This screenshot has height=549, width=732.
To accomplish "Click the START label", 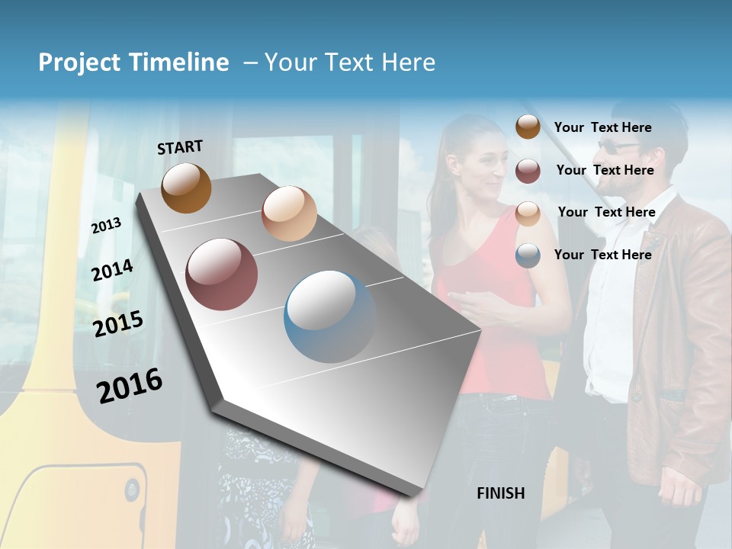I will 180,147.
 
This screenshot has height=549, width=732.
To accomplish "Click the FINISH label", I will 500,493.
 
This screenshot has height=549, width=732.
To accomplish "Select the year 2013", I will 106,226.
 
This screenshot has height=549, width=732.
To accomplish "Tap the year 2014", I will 112,271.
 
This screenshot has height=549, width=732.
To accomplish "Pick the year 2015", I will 118,324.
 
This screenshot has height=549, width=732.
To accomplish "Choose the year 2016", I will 130,385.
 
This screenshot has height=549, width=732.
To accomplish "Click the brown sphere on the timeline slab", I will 186,188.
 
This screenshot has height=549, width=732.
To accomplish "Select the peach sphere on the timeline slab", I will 289,213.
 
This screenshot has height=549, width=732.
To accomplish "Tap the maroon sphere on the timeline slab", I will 221,274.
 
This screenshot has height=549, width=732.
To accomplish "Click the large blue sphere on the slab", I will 330,316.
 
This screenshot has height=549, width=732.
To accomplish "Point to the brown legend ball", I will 528,127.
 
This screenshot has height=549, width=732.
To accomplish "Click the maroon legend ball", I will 528,171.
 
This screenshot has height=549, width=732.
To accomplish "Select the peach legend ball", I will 528,213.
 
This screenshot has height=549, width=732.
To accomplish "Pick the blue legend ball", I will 528,255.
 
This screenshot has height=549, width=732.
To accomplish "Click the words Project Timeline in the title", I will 133,63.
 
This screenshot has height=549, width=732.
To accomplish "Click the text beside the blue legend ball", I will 602,255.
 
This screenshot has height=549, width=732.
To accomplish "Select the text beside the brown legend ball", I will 602,127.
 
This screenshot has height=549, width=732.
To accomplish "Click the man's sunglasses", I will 618,146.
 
